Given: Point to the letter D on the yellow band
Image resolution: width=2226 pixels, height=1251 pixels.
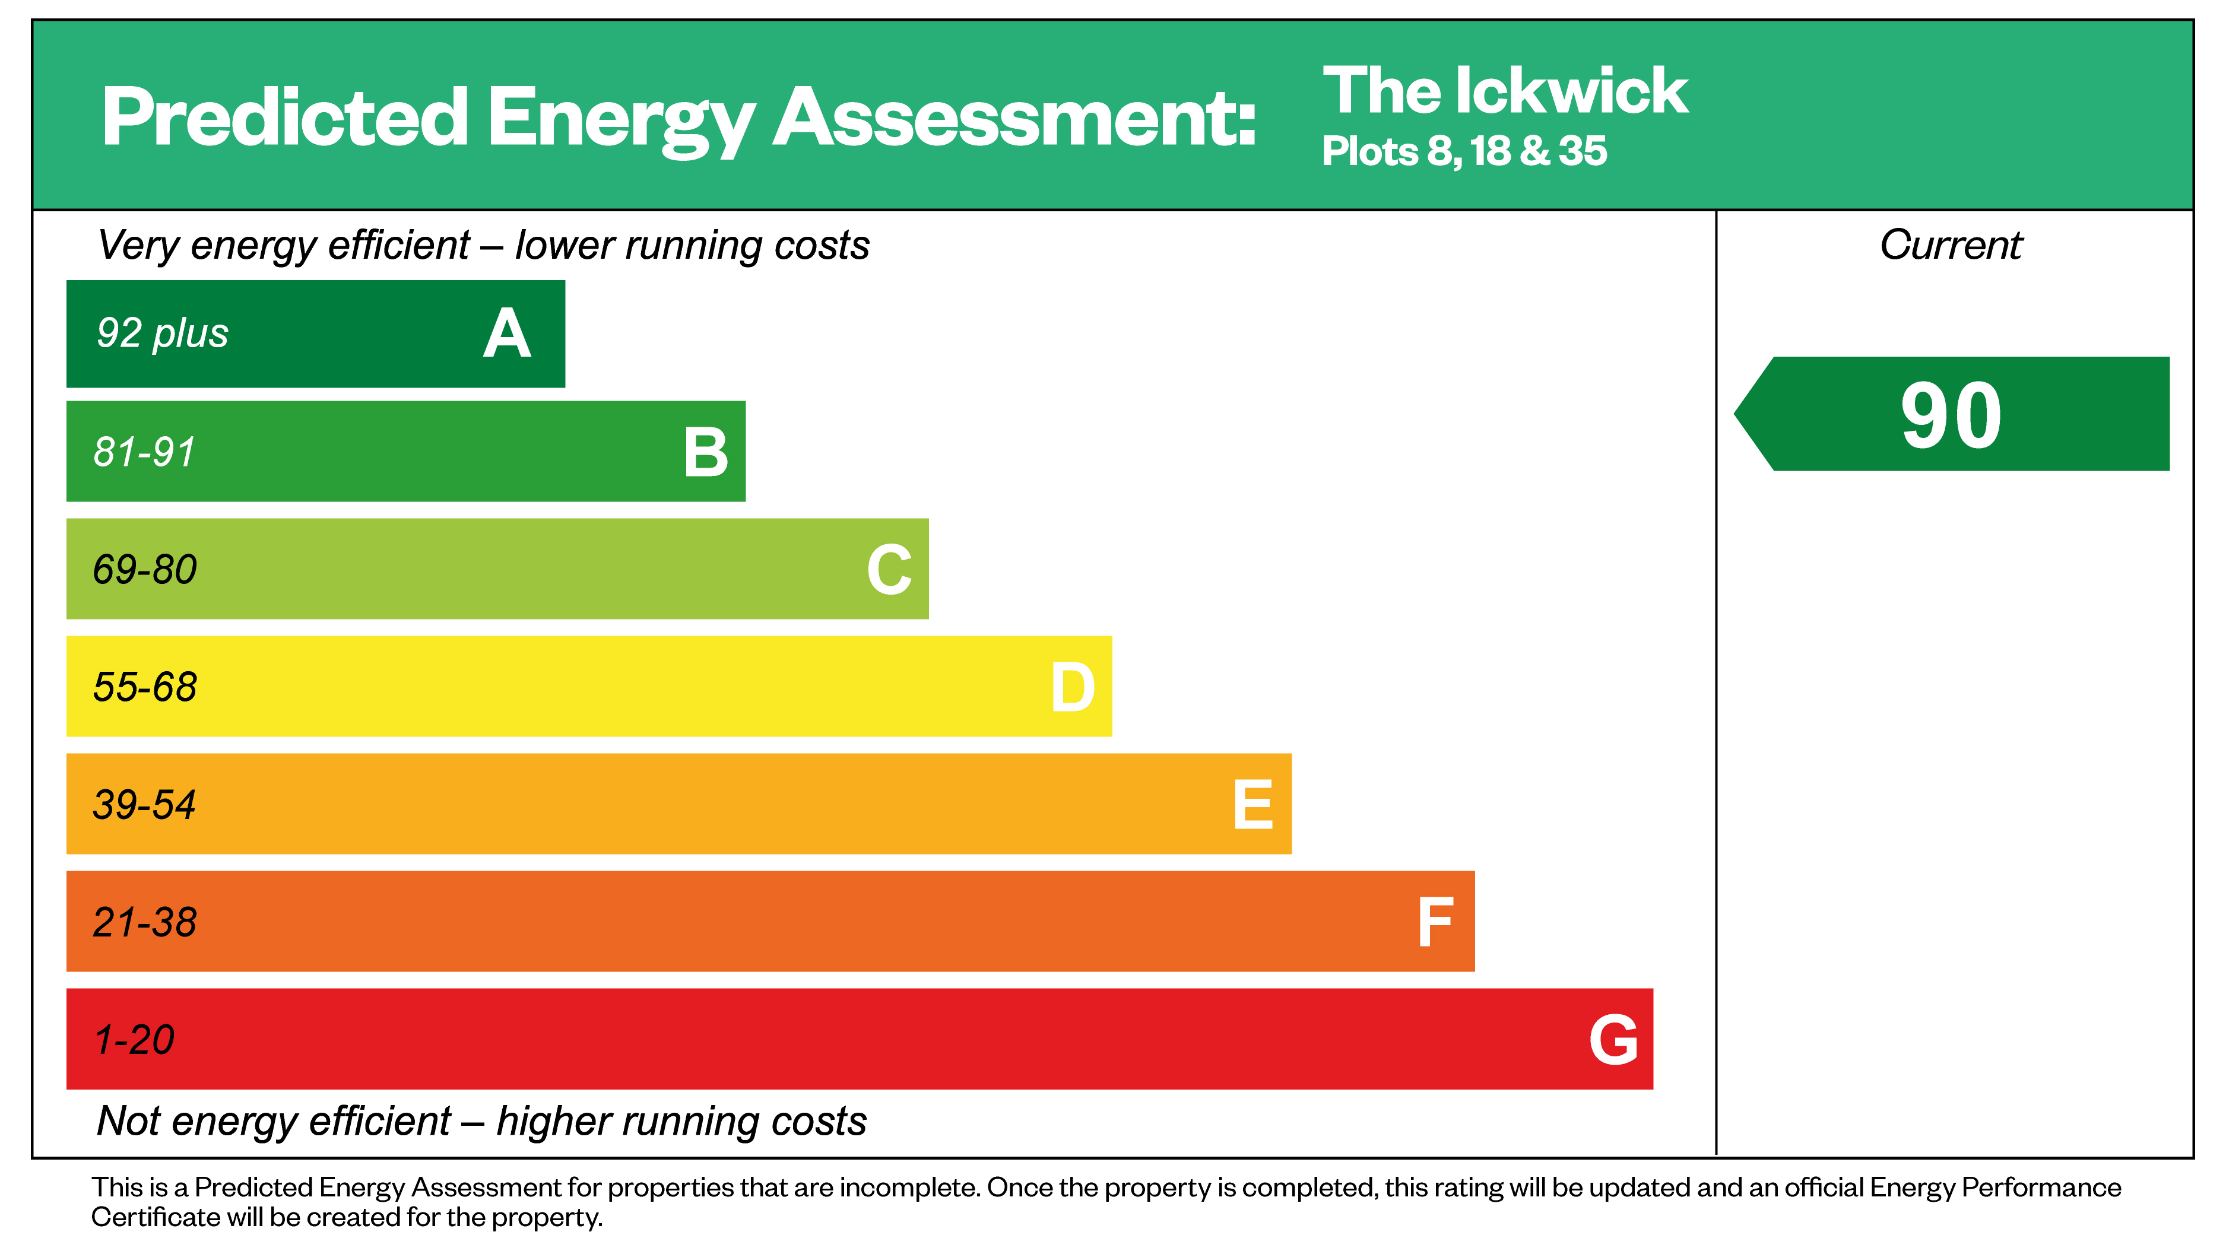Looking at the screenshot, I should [x=1073, y=688].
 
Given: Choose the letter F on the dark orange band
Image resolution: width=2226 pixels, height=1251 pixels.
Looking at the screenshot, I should [x=1435, y=923].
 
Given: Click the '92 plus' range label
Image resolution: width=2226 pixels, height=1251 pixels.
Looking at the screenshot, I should [x=163, y=334].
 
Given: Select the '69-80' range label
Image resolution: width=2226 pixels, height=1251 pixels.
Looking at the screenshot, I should [x=145, y=569].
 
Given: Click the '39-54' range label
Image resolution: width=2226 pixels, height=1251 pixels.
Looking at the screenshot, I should [x=144, y=804].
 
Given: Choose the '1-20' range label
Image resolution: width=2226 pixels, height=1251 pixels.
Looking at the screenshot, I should [x=135, y=1039].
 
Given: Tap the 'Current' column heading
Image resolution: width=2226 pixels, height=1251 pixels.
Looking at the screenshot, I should [x=1951, y=245].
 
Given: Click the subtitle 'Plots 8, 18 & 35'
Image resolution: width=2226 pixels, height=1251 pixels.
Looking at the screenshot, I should [x=1464, y=151].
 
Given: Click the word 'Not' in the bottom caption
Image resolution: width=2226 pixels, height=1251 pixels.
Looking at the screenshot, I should [x=129, y=1122].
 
